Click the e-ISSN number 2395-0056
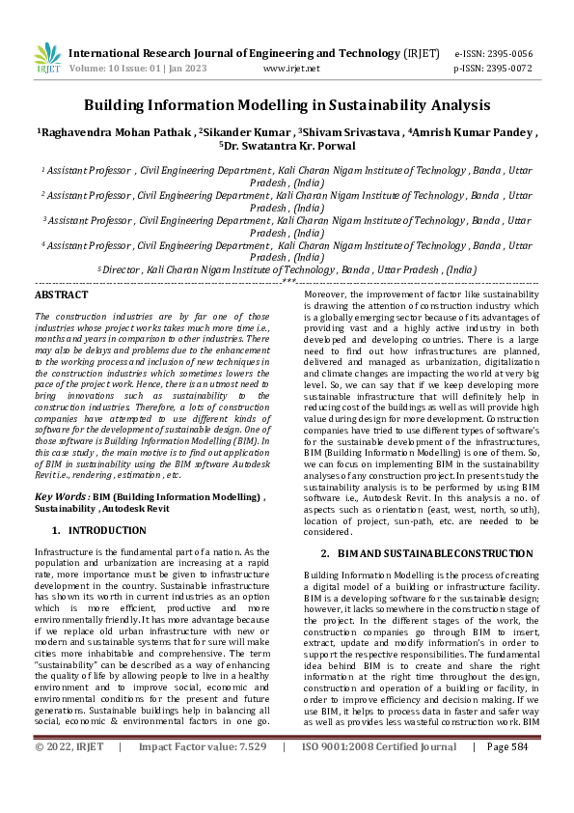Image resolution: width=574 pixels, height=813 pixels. pyautogui.click(x=509, y=54)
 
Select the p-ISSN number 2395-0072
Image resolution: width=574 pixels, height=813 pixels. pyautogui.click(x=509, y=69)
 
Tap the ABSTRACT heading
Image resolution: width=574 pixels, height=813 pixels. pyautogui.click(x=61, y=294)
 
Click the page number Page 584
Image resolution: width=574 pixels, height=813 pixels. pyautogui.click(x=507, y=801)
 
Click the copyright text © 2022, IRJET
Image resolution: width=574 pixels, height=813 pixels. pyautogui.click(x=68, y=801)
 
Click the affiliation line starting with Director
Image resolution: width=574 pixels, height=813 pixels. pyautogui.click(x=287, y=270)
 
